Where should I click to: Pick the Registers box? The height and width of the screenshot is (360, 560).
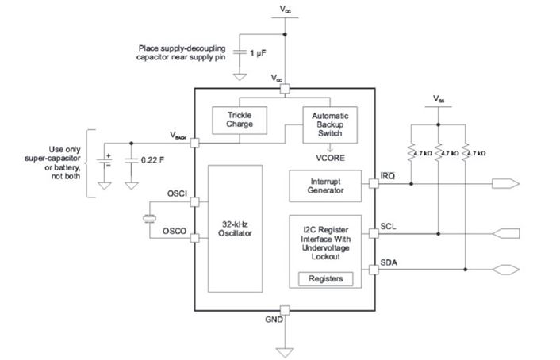pos(324,279)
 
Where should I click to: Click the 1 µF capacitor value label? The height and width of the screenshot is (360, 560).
pos(259,52)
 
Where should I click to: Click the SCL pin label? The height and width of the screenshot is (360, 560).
pos(389,225)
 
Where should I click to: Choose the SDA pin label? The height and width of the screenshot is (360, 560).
pos(389,262)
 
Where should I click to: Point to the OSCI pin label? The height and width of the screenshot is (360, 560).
pos(176,193)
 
